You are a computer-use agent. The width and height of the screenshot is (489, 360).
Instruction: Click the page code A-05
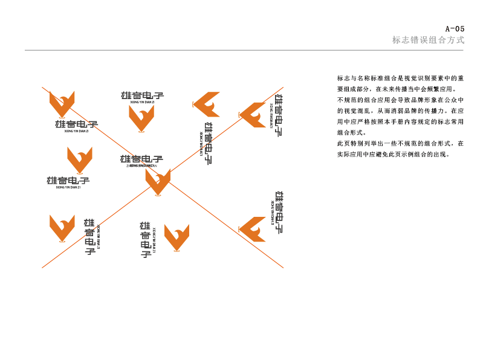point(455,28)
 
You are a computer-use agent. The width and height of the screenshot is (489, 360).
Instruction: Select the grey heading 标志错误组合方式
point(428,40)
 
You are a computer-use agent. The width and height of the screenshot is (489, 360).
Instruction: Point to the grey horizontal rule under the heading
point(242,50)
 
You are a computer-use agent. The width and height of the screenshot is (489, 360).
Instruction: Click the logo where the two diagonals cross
point(158,181)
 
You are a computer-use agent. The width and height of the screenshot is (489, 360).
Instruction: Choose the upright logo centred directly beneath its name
point(141,118)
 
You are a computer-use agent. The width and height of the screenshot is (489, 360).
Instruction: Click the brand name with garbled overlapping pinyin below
point(141,160)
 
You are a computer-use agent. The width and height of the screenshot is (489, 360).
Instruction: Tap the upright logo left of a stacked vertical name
point(62,228)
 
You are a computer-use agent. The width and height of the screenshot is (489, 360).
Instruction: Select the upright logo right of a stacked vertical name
point(176,237)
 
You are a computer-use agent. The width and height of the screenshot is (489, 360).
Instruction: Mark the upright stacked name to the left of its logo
point(145,239)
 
